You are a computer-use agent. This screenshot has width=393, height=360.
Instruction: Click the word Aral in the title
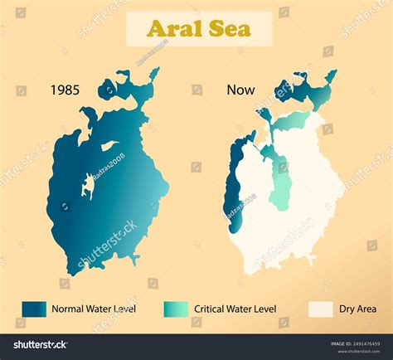click(174, 29)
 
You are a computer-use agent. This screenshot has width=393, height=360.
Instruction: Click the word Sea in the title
click(231, 29)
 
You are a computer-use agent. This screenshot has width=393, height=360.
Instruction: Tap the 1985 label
click(65, 90)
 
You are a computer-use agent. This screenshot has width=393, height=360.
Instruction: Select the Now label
click(240, 90)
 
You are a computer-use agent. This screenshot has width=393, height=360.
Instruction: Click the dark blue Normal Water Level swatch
click(35, 309)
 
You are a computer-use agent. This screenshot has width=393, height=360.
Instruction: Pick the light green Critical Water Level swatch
click(177, 309)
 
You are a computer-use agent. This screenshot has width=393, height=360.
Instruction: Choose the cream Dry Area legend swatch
click(321, 309)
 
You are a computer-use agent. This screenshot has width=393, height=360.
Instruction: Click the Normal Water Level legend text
click(93, 309)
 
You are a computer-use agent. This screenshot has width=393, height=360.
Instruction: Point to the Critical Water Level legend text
click(235, 309)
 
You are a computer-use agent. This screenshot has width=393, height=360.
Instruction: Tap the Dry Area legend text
click(357, 309)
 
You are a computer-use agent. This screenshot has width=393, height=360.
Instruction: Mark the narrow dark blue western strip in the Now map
click(232, 187)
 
